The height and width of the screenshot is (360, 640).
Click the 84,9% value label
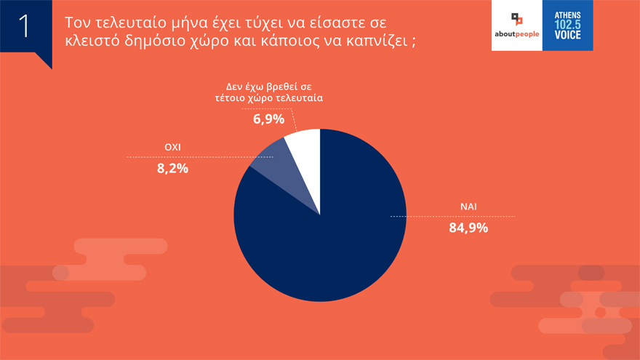point(468,228)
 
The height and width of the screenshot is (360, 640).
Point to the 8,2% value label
point(172,169)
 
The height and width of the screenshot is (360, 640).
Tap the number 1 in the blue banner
point(23,25)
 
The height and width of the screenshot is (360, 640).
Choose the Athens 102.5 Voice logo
point(567,25)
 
